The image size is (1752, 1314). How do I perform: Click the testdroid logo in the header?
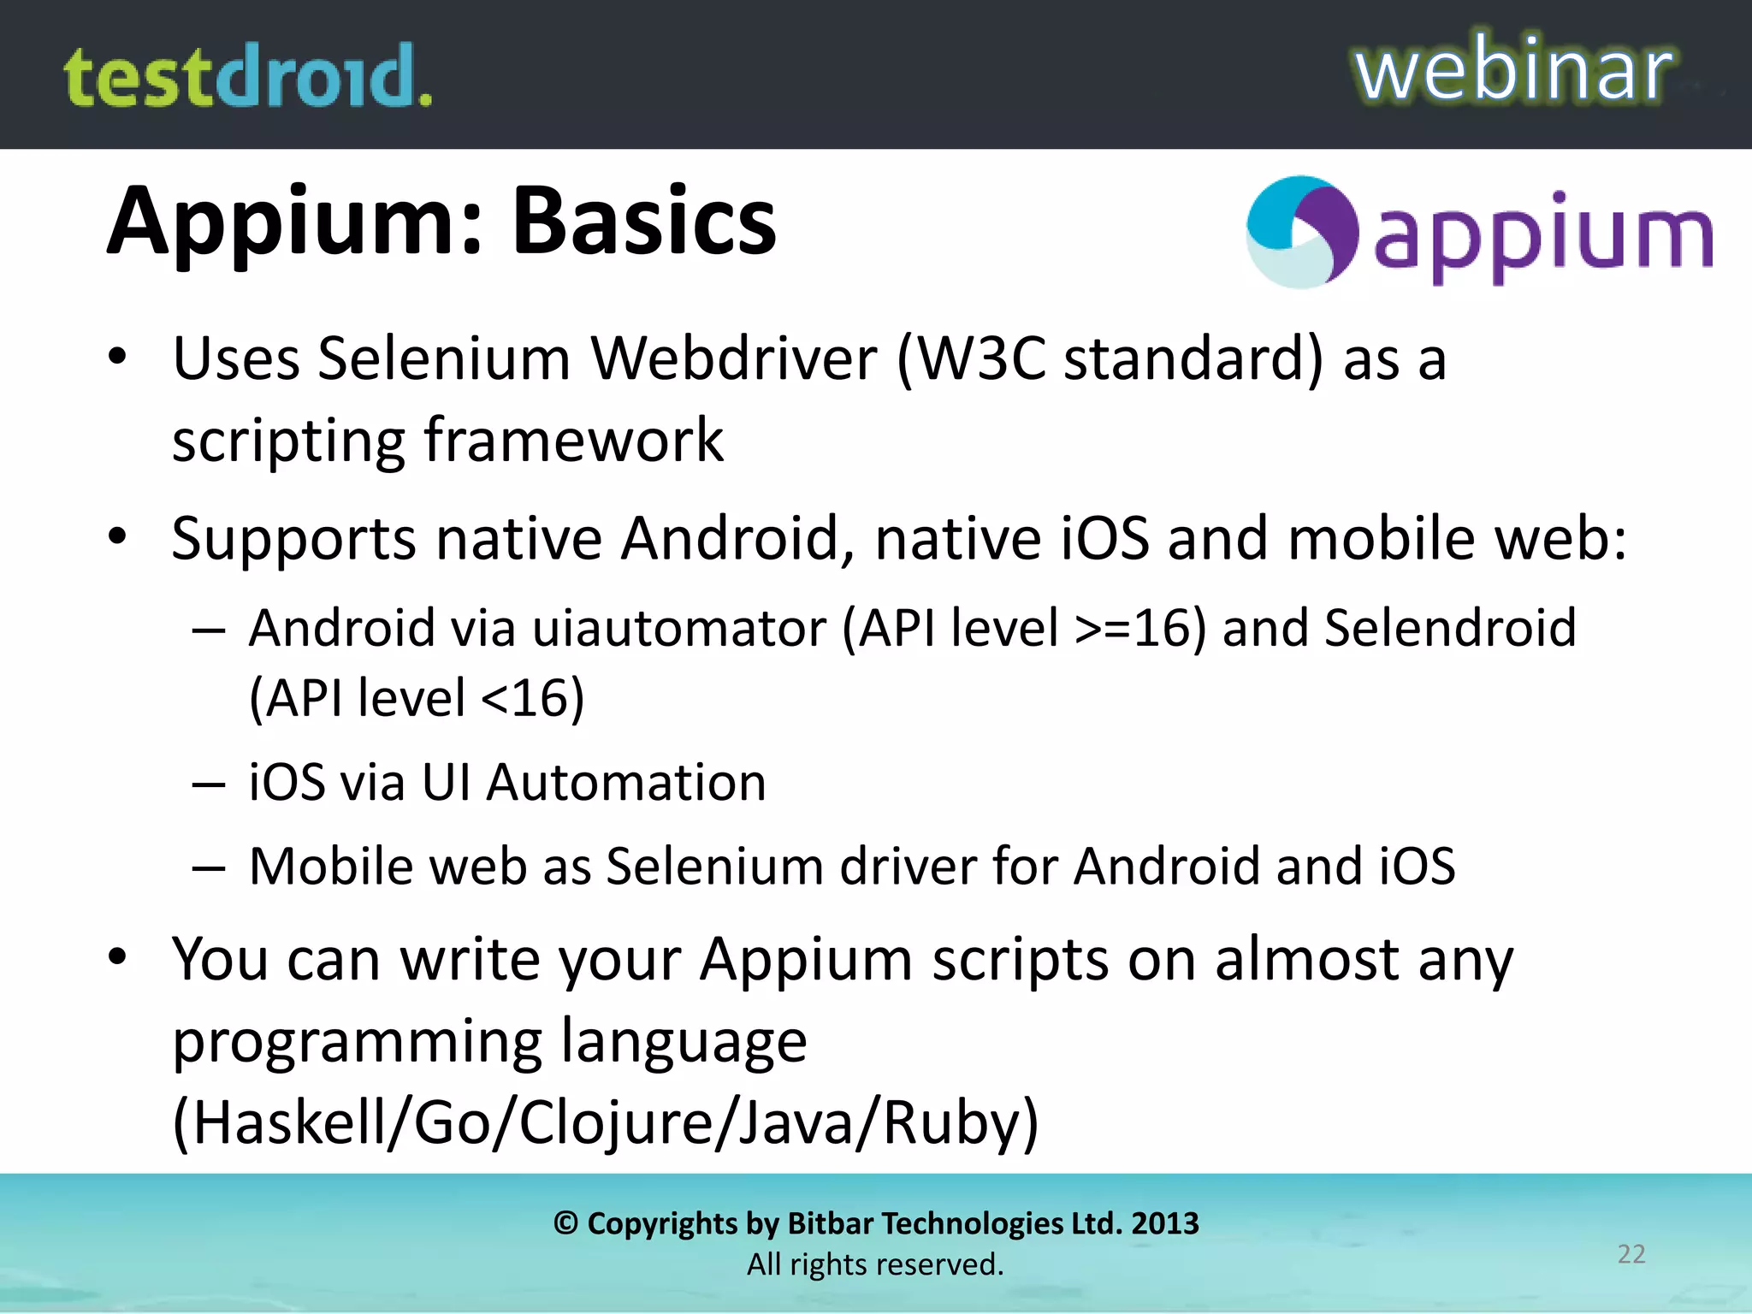[x=248, y=77]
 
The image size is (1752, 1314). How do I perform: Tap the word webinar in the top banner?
[x=1512, y=70]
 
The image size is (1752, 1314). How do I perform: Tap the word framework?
[x=574, y=440]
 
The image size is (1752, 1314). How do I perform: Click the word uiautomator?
[x=680, y=628]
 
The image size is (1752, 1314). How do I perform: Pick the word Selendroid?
[x=1450, y=628]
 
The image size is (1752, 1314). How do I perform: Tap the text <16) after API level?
[x=533, y=698]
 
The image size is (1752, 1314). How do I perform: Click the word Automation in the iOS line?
[x=626, y=783]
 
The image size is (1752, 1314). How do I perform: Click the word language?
[x=684, y=1042]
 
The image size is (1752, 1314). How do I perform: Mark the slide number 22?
[x=1631, y=1254]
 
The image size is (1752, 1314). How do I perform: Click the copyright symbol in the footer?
[x=565, y=1223]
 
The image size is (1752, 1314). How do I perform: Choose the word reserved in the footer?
[x=941, y=1264]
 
